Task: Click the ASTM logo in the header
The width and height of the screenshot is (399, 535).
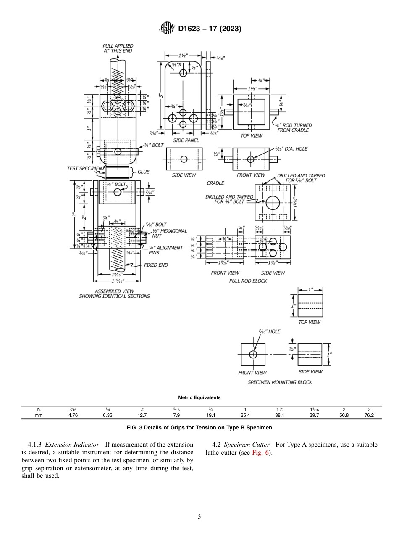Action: (167, 29)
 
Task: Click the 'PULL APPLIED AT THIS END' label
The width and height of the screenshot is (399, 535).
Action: (118, 48)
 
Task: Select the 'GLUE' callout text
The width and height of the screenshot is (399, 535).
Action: (143, 172)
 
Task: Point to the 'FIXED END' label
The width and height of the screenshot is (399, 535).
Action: (156, 265)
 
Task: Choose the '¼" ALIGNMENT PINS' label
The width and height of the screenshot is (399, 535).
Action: (166, 250)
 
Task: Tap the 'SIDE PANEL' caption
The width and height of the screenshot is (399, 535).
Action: (186, 140)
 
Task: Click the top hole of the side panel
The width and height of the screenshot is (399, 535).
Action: (183, 73)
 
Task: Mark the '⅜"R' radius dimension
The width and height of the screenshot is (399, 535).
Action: (176, 65)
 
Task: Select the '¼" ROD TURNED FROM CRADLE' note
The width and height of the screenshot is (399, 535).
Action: (293, 127)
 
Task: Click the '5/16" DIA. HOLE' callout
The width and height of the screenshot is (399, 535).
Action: (291, 148)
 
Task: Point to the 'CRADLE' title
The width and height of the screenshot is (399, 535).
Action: (215, 183)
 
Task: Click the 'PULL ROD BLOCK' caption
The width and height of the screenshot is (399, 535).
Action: (248, 281)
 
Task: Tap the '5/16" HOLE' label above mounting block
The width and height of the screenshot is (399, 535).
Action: (269, 331)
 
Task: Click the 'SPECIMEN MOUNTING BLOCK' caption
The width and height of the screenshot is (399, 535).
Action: (280, 382)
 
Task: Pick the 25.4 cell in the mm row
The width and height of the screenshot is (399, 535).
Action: (245, 415)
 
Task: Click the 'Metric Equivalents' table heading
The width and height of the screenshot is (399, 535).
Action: (199, 397)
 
